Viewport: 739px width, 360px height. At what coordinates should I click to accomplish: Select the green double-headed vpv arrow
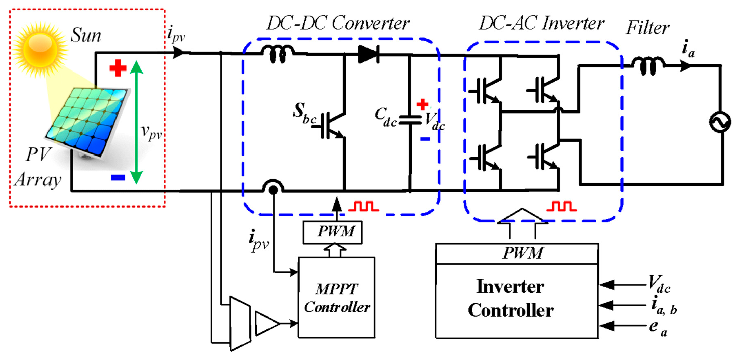(136, 122)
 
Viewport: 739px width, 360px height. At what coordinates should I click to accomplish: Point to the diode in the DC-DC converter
(369, 54)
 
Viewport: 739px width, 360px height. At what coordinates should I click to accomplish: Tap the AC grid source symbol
(720, 122)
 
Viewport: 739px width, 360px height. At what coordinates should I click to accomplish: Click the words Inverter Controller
(511, 298)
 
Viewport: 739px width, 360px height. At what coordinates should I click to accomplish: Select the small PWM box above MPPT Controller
(333, 232)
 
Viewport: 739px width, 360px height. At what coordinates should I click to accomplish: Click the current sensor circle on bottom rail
(273, 189)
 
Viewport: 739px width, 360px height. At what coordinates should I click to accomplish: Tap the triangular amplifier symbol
(266, 323)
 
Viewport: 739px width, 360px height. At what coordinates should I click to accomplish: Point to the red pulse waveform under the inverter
(561, 207)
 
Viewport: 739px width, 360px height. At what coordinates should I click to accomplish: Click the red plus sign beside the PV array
(118, 68)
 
